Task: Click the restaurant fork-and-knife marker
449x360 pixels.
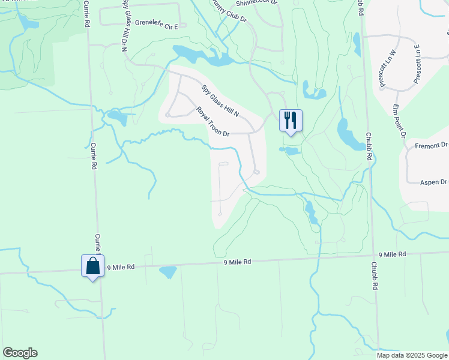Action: [x=291, y=121]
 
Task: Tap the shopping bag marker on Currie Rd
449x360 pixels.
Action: [x=93, y=266]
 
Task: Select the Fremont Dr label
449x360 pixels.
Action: [x=432, y=145]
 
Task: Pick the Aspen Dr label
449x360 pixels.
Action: [x=434, y=182]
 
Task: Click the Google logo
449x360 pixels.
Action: [x=20, y=352]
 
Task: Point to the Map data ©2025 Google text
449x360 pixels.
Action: [x=411, y=355]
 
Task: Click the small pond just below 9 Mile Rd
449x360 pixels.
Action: [x=168, y=272]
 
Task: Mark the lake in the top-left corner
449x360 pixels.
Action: [x=27, y=22]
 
